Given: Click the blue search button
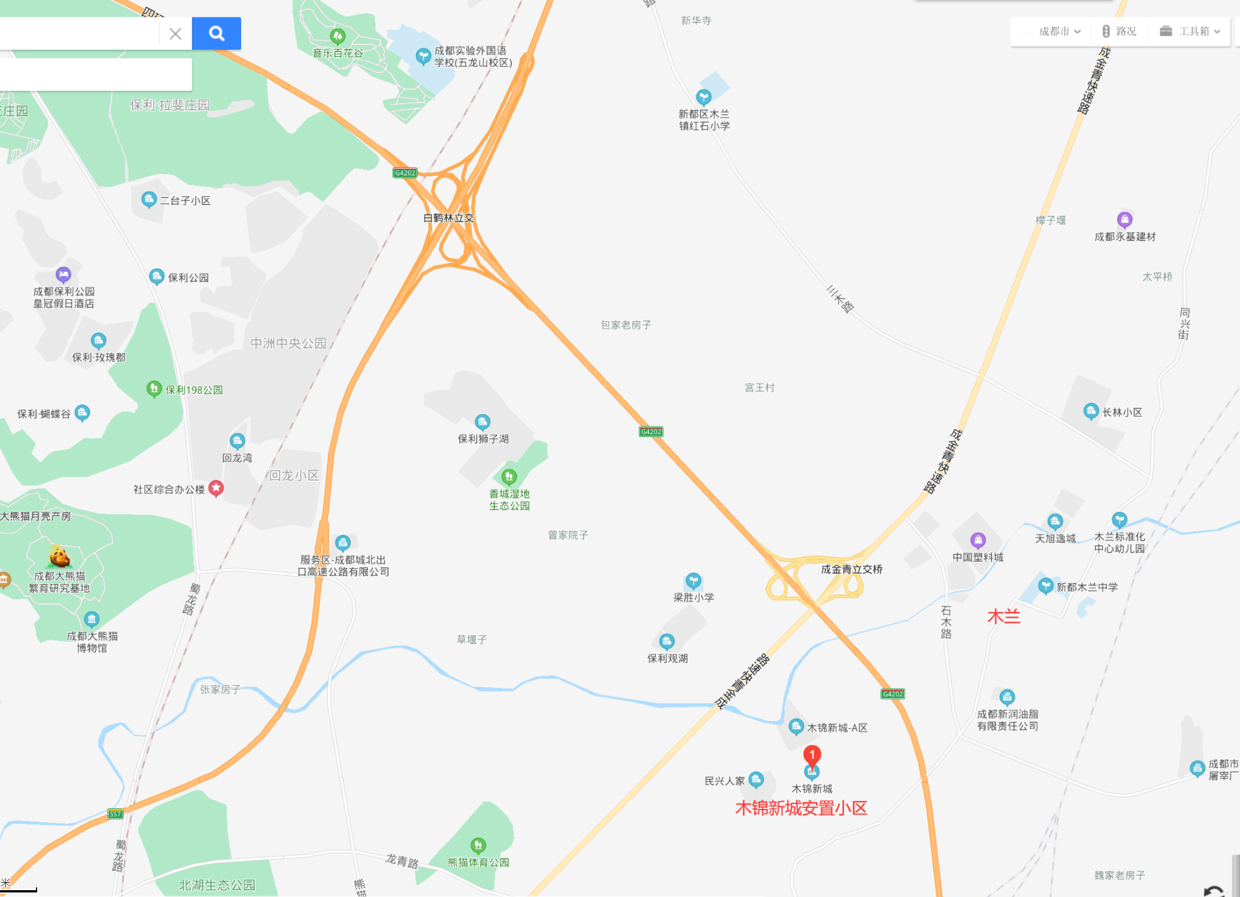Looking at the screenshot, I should pyautogui.click(x=216, y=33).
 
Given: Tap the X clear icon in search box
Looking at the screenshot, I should pyautogui.click(x=175, y=33).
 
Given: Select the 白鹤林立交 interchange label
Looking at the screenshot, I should pyautogui.click(x=448, y=218).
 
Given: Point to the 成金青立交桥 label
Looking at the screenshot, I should pyautogui.click(x=851, y=569).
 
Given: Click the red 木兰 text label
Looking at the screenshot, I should pyautogui.click(x=1003, y=617).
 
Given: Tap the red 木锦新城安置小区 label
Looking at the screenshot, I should pyautogui.click(x=801, y=808).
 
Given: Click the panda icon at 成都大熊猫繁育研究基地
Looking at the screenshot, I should pyautogui.click(x=60, y=556).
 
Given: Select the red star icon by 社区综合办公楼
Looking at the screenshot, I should pyautogui.click(x=216, y=488).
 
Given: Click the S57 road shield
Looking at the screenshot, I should pyautogui.click(x=115, y=814).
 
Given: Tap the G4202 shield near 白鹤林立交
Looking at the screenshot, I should pyautogui.click(x=405, y=173).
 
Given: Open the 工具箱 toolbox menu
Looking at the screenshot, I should pyautogui.click(x=1190, y=32).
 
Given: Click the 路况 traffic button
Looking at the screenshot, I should pyautogui.click(x=1119, y=32).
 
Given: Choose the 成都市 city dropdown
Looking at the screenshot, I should pyautogui.click(x=1059, y=32).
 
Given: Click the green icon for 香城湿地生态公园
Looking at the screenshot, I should pyautogui.click(x=509, y=476).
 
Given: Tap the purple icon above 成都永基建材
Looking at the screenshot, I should pyautogui.click(x=1125, y=219).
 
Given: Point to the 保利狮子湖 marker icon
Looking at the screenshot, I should pyautogui.click(x=482, y=422).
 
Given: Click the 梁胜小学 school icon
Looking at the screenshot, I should pyautogui.click(x=693, y=581).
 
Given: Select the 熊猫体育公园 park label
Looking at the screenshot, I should pyautogui.click(x=479, y=862).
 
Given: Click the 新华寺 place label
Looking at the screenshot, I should pyautogui.click(x=696, y=21).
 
